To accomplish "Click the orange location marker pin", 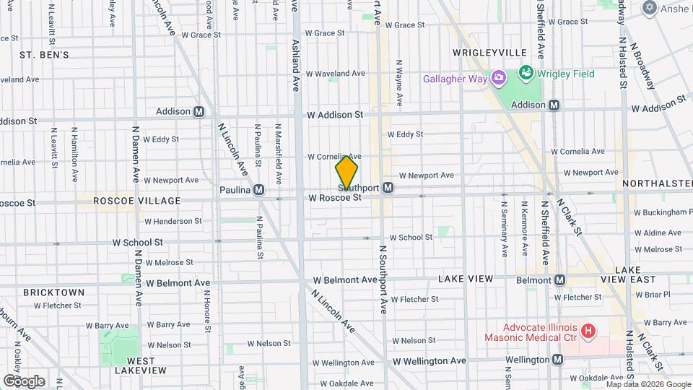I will (346, 172).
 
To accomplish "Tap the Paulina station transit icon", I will (259, 190).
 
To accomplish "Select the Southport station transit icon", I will (388, 188).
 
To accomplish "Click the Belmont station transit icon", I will (560, 279).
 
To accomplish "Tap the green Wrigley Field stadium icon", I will (526, 74).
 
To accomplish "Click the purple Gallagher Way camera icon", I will (497, 78).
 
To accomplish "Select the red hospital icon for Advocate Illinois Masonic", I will (588, 331).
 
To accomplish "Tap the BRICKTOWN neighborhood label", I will (53, 292).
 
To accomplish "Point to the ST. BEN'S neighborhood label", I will (44, 55).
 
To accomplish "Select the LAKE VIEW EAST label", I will (635, 274).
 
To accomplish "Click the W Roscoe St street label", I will (334, 197).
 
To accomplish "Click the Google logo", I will (24, 381).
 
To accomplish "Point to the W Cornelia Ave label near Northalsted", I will (591, 152).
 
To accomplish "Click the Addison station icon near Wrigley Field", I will (554, 105).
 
